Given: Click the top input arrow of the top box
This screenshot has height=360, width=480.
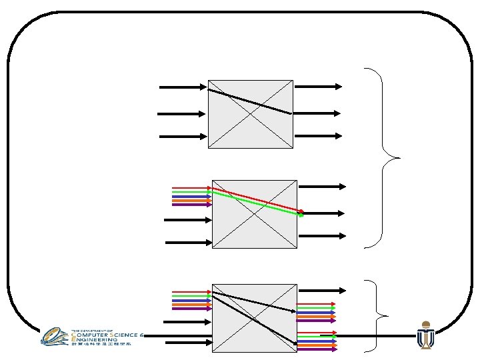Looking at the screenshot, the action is click(182, 87).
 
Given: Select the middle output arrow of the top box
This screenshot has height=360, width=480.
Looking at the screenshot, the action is click(318, 113).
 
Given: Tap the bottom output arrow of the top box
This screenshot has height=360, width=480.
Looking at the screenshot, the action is click(318, 136).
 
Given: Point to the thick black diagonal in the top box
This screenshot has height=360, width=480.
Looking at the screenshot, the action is click(250, 101).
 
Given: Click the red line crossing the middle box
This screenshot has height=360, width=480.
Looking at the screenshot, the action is click(260, 199).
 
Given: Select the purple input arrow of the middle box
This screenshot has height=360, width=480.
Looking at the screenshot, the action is click(191, 205).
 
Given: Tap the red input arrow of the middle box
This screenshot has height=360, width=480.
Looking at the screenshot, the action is click(191, 187).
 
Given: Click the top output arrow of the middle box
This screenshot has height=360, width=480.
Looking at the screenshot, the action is click(321, 187).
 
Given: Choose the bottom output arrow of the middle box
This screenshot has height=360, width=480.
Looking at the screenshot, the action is click(321, 235).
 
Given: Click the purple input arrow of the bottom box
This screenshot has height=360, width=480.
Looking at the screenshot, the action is click(191, 309).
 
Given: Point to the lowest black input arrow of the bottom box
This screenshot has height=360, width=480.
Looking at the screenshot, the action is click(188, 343).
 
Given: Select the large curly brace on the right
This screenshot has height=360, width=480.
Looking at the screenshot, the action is click(385, 158).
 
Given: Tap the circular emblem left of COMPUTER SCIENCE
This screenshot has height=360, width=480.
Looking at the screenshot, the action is click(54, 336).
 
